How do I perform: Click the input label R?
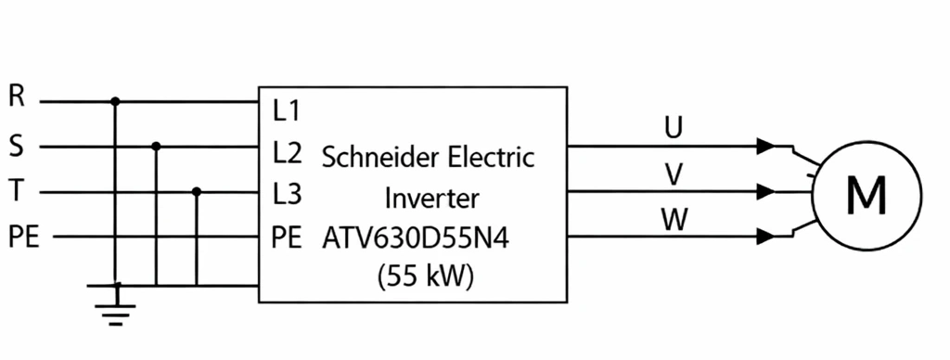[17, 96]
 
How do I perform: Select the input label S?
[17, 147]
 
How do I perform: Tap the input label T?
[17, 191]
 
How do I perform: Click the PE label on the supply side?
[24, 237]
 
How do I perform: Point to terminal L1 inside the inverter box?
[287, 111]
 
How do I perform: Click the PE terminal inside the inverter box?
[287, 238]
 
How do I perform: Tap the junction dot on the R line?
[115, 101]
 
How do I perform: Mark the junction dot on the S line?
[156, 146]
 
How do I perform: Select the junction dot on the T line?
[197, 191]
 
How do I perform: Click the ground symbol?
[116, 309]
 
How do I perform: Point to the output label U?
[674, 128]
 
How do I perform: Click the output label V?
[674, 175]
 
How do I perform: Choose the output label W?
[674, 220]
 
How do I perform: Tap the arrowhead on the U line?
[766, 146]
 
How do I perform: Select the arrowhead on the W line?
[766, 237]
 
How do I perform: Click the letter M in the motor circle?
[867, 195]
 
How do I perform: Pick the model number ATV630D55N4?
[416, 238]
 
